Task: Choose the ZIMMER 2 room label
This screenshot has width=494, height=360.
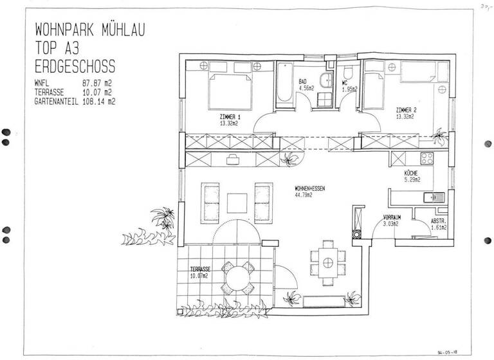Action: pos(406,113)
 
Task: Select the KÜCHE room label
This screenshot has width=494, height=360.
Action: pos(412,177)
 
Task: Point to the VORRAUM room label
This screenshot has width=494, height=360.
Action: pos(392,221)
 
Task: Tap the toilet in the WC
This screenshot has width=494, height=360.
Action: pos(348,73)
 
